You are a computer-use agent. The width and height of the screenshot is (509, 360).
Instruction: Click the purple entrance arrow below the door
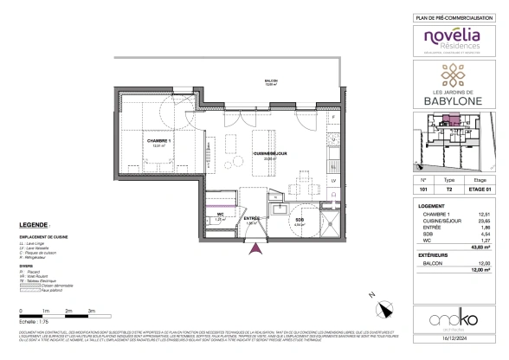254,250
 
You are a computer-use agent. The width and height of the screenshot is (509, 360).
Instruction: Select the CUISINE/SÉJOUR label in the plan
264,152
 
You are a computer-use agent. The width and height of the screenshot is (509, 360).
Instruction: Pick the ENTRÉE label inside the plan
252,218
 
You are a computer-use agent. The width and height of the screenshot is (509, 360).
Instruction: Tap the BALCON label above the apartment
270,80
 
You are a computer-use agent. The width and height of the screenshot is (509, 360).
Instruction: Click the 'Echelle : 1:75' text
35,321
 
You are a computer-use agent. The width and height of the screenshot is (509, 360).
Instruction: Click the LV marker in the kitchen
333,180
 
